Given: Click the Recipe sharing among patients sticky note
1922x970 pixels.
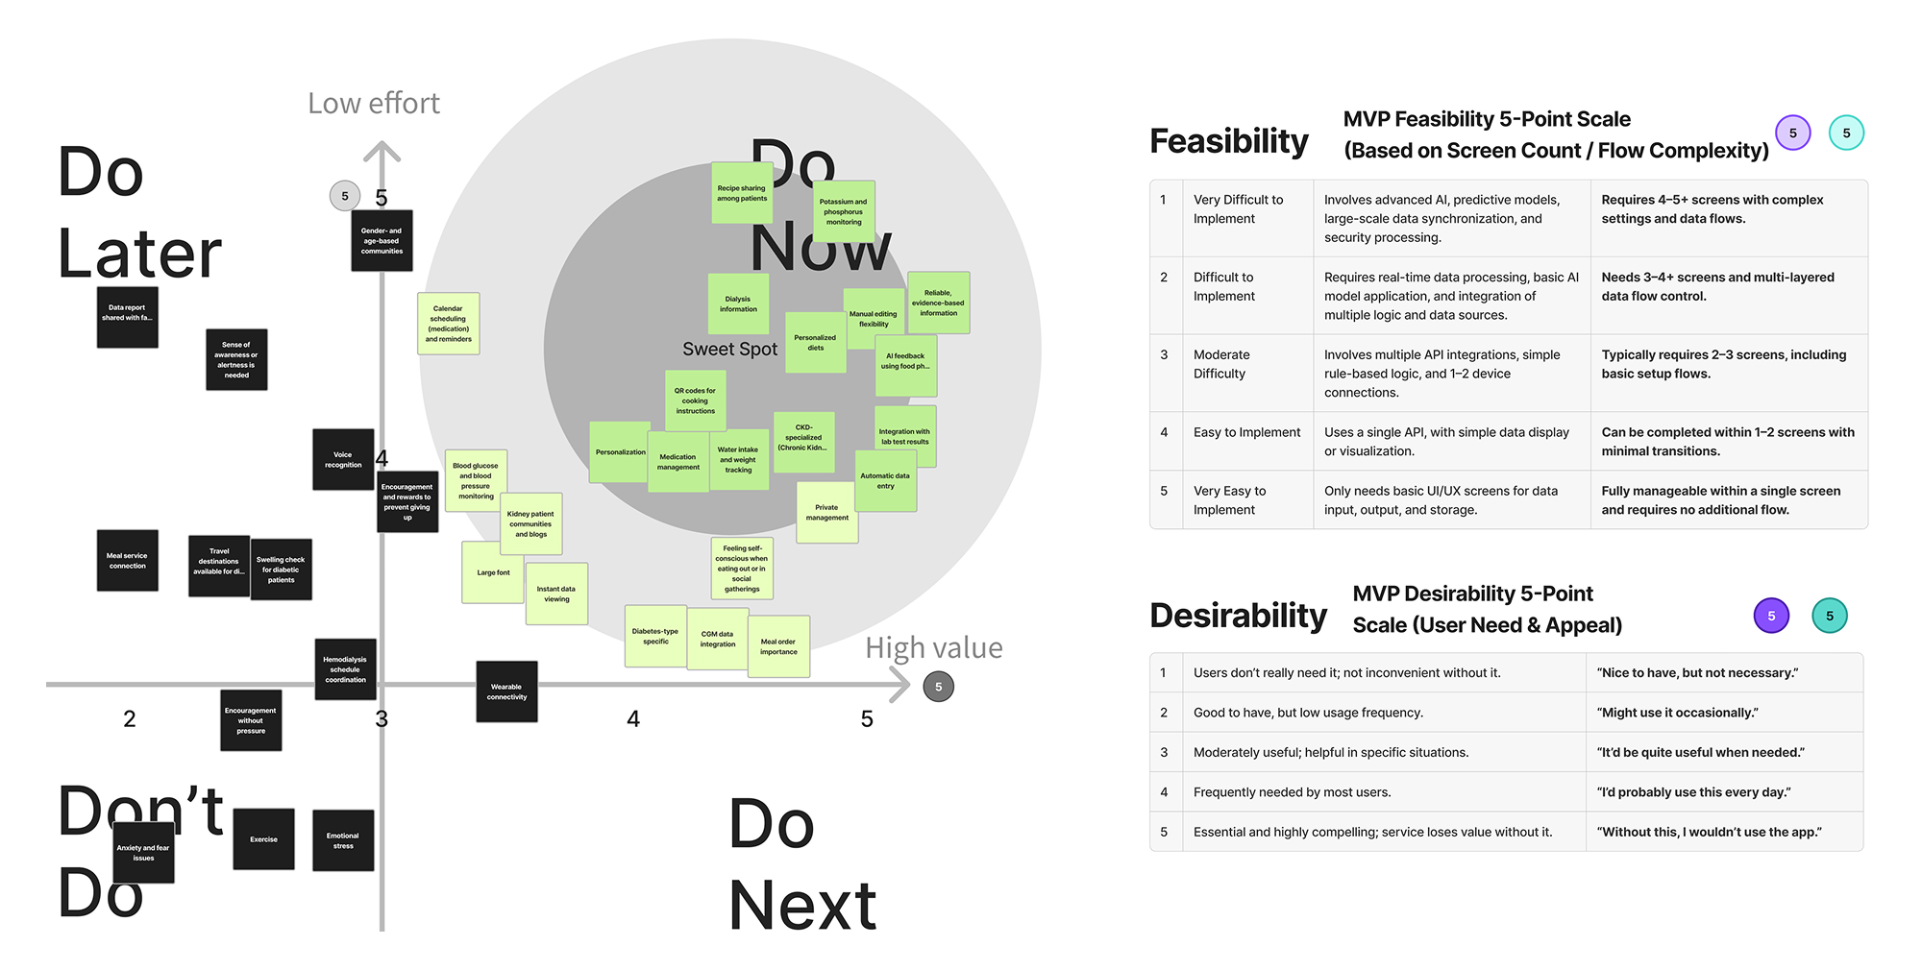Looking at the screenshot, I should pos(742,193).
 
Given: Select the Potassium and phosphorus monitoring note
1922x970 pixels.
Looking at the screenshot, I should pos(844,211).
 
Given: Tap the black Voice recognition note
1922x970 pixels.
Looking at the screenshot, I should pos(343,460).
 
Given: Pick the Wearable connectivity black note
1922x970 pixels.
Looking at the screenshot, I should pos(506,691).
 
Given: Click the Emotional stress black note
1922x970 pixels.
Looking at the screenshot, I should pos(343,840).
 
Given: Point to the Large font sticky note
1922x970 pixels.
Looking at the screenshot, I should pos(493,572).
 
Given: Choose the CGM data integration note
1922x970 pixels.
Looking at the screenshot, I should pos(717,639).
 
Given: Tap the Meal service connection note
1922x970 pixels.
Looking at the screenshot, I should pos(127,561).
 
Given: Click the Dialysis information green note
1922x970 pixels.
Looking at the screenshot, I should pos(738,304).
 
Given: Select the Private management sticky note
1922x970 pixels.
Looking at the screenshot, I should pos(826,513).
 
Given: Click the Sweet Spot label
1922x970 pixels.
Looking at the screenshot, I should pos(729,350).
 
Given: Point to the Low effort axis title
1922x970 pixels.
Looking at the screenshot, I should pos(373,104).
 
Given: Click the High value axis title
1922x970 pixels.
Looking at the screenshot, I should pos(933,648).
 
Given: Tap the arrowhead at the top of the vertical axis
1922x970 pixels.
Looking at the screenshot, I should pos(382,151).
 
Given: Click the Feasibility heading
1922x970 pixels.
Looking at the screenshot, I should pos(1228,141).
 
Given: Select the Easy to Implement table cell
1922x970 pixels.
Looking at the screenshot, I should pos(1246,433).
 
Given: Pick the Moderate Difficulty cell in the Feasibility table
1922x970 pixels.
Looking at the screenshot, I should pos(1220,364).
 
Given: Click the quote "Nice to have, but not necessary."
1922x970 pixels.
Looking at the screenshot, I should pos(1697,673).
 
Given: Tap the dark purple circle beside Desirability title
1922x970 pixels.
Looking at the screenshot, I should pos(1770,616).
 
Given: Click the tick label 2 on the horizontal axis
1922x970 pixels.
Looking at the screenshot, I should pos(130,719).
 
